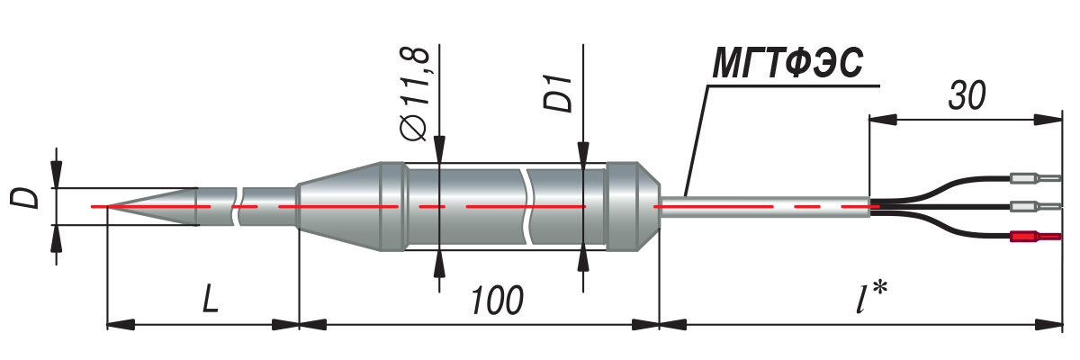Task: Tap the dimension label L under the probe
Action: (209, 299)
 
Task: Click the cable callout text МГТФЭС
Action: (787, 66)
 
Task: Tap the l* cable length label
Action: (869, 298)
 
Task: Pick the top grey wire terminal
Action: (1035, 178)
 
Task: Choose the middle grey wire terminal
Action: (1035, 207)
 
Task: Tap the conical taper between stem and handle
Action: (337, 207)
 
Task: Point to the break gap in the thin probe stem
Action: (239, 207)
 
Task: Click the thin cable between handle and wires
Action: (765, 207)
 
